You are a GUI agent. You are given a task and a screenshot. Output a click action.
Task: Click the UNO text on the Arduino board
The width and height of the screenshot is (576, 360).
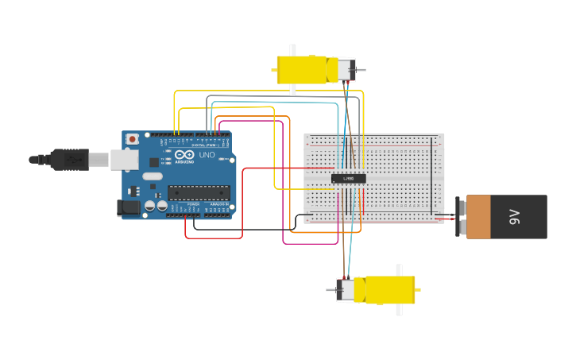206,155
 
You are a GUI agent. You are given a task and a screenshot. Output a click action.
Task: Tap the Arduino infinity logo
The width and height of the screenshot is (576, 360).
185,155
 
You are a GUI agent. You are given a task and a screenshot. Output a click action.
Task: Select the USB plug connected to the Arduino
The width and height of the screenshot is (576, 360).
75,160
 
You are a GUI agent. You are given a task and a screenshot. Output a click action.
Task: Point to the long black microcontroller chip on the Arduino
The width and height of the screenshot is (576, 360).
199,192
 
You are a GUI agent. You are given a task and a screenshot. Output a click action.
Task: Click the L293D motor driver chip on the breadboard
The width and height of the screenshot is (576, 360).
349,179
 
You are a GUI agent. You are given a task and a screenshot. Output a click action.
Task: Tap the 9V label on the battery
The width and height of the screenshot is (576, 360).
514,216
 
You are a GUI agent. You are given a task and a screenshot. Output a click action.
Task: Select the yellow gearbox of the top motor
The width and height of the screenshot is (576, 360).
302,70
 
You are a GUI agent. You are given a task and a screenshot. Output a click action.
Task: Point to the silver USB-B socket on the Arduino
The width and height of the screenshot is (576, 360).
123,160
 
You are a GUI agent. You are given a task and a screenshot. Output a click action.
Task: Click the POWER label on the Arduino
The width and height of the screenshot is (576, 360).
193,205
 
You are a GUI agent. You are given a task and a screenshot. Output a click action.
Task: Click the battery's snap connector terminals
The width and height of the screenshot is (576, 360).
462,217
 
